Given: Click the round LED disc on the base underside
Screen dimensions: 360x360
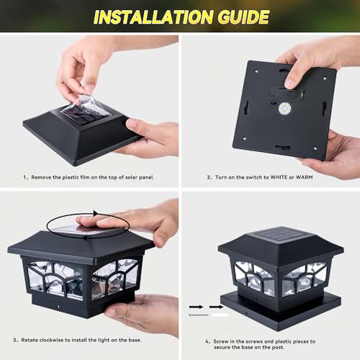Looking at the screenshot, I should (x=284, y=108).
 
